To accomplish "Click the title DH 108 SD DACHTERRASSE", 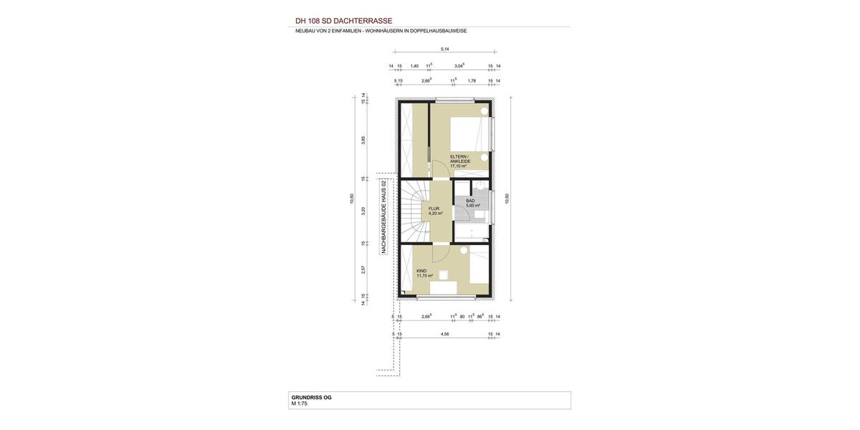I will pos(343,21).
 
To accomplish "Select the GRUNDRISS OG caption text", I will pos(311,397).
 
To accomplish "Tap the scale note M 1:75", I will pos(299,403).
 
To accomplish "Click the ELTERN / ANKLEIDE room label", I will pos(460,158).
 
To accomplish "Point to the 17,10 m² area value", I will pos(458,166).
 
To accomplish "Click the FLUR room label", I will pos(434,209).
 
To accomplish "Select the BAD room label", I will pos(470,201).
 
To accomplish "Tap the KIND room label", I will pos(421,271).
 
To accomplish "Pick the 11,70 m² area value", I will pos(424,276).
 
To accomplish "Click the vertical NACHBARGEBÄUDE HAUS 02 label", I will pos(384,216).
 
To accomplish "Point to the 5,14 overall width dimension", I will pos(445,49).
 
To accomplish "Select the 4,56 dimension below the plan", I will pos(445,334).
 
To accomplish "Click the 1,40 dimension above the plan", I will pos(414,66).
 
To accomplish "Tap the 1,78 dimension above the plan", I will pos(472,81).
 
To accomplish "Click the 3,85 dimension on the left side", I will pos(363,140).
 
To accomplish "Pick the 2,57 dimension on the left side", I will pos(363,270).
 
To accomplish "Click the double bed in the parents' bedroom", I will pos(469,135).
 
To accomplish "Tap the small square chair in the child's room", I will pos(444,274).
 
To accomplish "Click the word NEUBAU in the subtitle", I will pos(305,31).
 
